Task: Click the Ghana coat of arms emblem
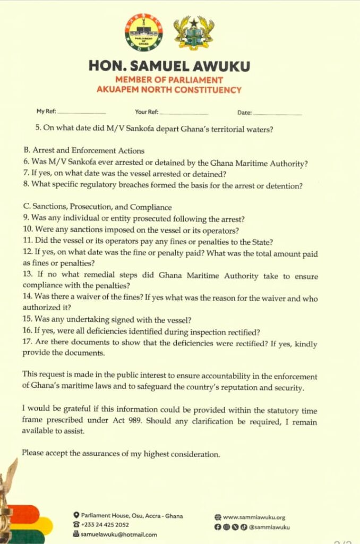tap(194, 33)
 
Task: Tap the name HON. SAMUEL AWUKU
tap(169, 66)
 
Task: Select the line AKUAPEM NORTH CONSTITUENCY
tap(169, 90)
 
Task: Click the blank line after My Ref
tap(82, 113)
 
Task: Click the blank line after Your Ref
tap(184, 113)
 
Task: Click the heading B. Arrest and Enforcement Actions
tap(84, 150)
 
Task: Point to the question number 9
tap(25, 218)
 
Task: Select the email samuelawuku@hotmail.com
tap(119, 534)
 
